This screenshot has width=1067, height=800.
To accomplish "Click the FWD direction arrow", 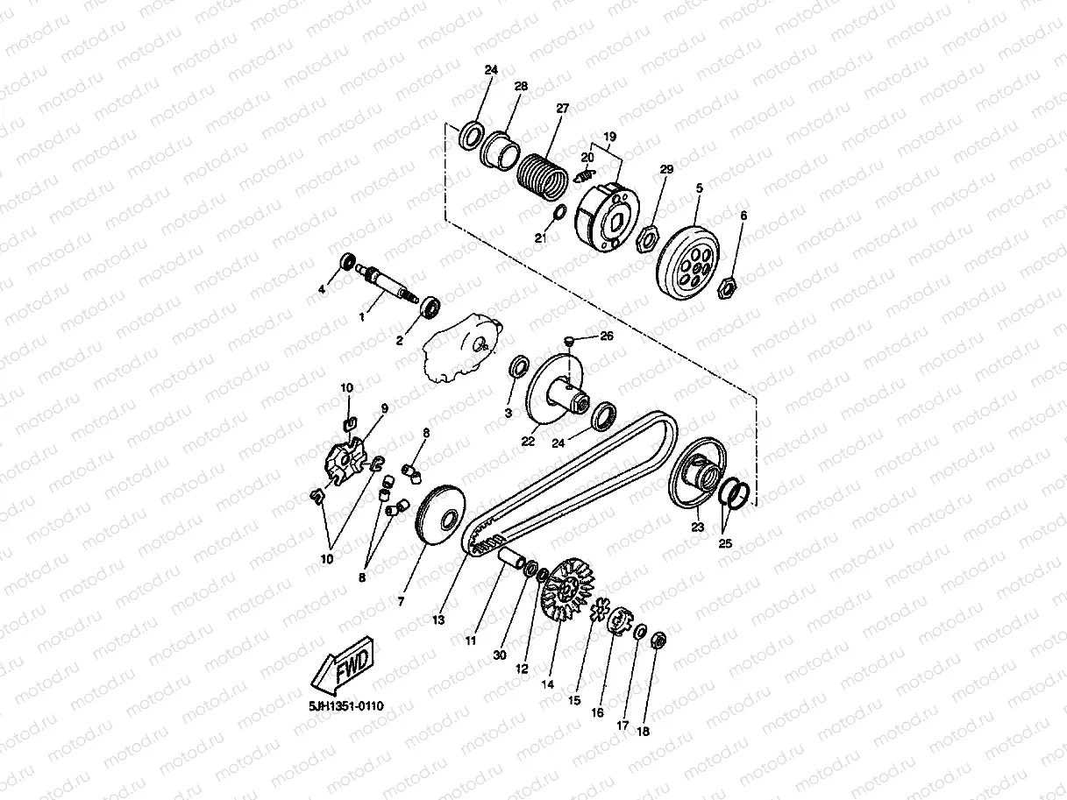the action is click(x=342, y=665).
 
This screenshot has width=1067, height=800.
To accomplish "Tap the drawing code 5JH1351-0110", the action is click(x=346, y=706).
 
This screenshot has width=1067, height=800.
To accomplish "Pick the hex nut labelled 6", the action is click(x=727, y=287).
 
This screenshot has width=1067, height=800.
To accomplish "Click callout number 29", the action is click(x=666, y=169).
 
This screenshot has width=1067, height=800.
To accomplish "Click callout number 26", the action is click(x=607, y=336).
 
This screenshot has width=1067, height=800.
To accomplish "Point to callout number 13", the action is click(x=438, y=619).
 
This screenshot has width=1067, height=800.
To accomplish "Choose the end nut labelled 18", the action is click(x=658, y=641).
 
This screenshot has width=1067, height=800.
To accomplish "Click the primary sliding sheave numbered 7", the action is click(x=440, y=516).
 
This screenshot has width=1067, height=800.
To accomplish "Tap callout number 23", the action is click(x=698, y=527).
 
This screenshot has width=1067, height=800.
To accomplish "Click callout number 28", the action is click(x=521, y=86).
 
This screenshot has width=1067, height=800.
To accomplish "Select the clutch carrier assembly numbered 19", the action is click(x=607, y=217).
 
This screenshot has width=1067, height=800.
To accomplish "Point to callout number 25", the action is click(x=725, y=543).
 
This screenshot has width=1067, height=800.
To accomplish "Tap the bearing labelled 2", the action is click(x=430, y=307).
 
